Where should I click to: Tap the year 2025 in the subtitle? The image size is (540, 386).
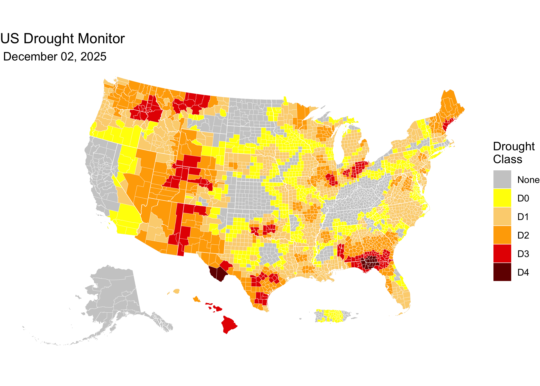pyautogui.click(x=93, y=57)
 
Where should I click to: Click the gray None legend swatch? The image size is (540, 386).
pyautogui.click(x=502, y=179)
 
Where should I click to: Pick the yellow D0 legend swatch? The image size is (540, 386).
pyautogui.click(x=502, y=198)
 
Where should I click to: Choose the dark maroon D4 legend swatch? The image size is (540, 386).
pyautogui.click(x=502, y=272)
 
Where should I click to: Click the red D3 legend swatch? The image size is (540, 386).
pyautogui.click(x=502, y=253)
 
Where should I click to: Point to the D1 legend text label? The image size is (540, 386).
pyautogui.click(x=523, y=217)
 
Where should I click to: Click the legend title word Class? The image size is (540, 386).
pyautogui.click(x=507, y=159)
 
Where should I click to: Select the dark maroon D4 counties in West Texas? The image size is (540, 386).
pyautogui.click(x=217, y=273)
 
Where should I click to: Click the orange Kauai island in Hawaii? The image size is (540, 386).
pyautogui.click(x=176, y=291)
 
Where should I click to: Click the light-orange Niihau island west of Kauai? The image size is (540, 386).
pyautogui.click(x=168, y=293)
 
